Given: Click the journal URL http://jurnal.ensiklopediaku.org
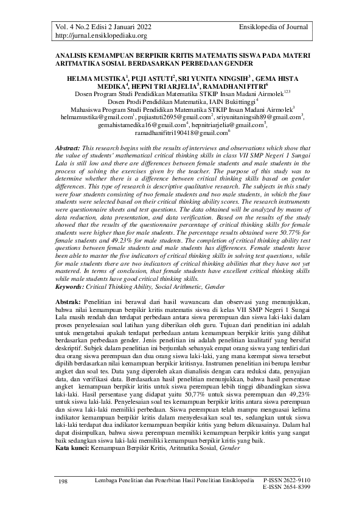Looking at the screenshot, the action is [97, 36].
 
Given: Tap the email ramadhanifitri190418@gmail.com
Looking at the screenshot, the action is [179, 132].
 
